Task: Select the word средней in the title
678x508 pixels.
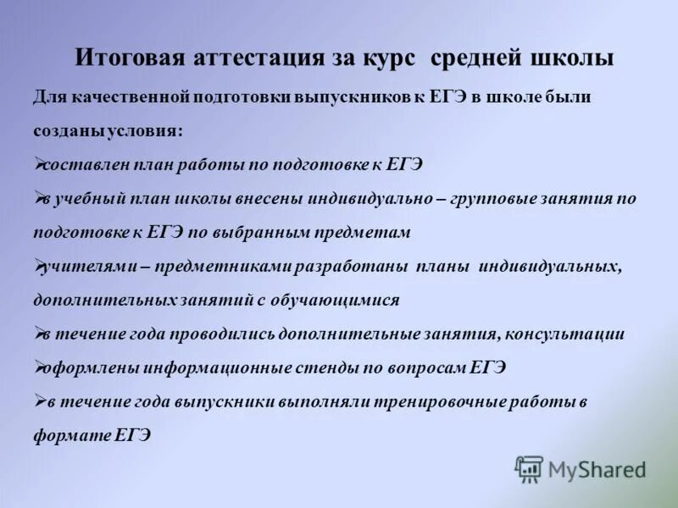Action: [x=479, y=58]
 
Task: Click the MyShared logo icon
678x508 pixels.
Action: [x=529, y=468]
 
